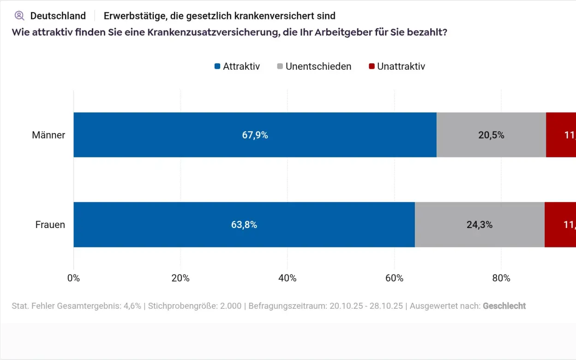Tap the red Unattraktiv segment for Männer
pos(561,135)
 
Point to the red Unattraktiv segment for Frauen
pos(560,225)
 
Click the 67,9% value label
pos(255,135)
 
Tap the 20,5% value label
pos(491,135)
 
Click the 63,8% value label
pos(244,225)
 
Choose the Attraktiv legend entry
pos(237,66)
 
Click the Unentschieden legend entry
pos(314,66)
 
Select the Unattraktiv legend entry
pos(397,66)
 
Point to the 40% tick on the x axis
pos(287,278)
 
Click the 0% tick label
pos(73,278)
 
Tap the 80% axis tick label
pos(501,278)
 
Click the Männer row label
pos(48,135)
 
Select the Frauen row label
pos(50,225)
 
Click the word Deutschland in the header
pos(58,16)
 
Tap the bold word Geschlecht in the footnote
pos(504,306)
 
